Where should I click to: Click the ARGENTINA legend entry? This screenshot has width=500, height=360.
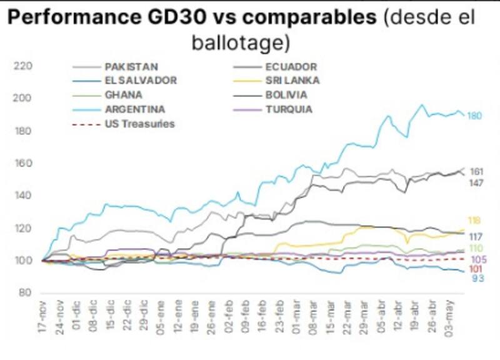[x=134, y=109]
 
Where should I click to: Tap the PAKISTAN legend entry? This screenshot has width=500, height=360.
[x=131, y=66]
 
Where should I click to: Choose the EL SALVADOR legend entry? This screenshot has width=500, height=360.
[x=140, y=80]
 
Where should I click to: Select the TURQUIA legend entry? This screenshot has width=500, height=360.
[x=290, y=109]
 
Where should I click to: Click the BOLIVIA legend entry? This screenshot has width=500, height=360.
[x=286, y=95]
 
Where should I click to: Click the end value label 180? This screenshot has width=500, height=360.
[x=475, y=116]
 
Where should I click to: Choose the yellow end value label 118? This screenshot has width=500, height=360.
[x=474, y=221]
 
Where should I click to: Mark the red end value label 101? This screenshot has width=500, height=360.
[x=475, y=269]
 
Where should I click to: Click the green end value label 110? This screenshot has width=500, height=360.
[x=476, y=248]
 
